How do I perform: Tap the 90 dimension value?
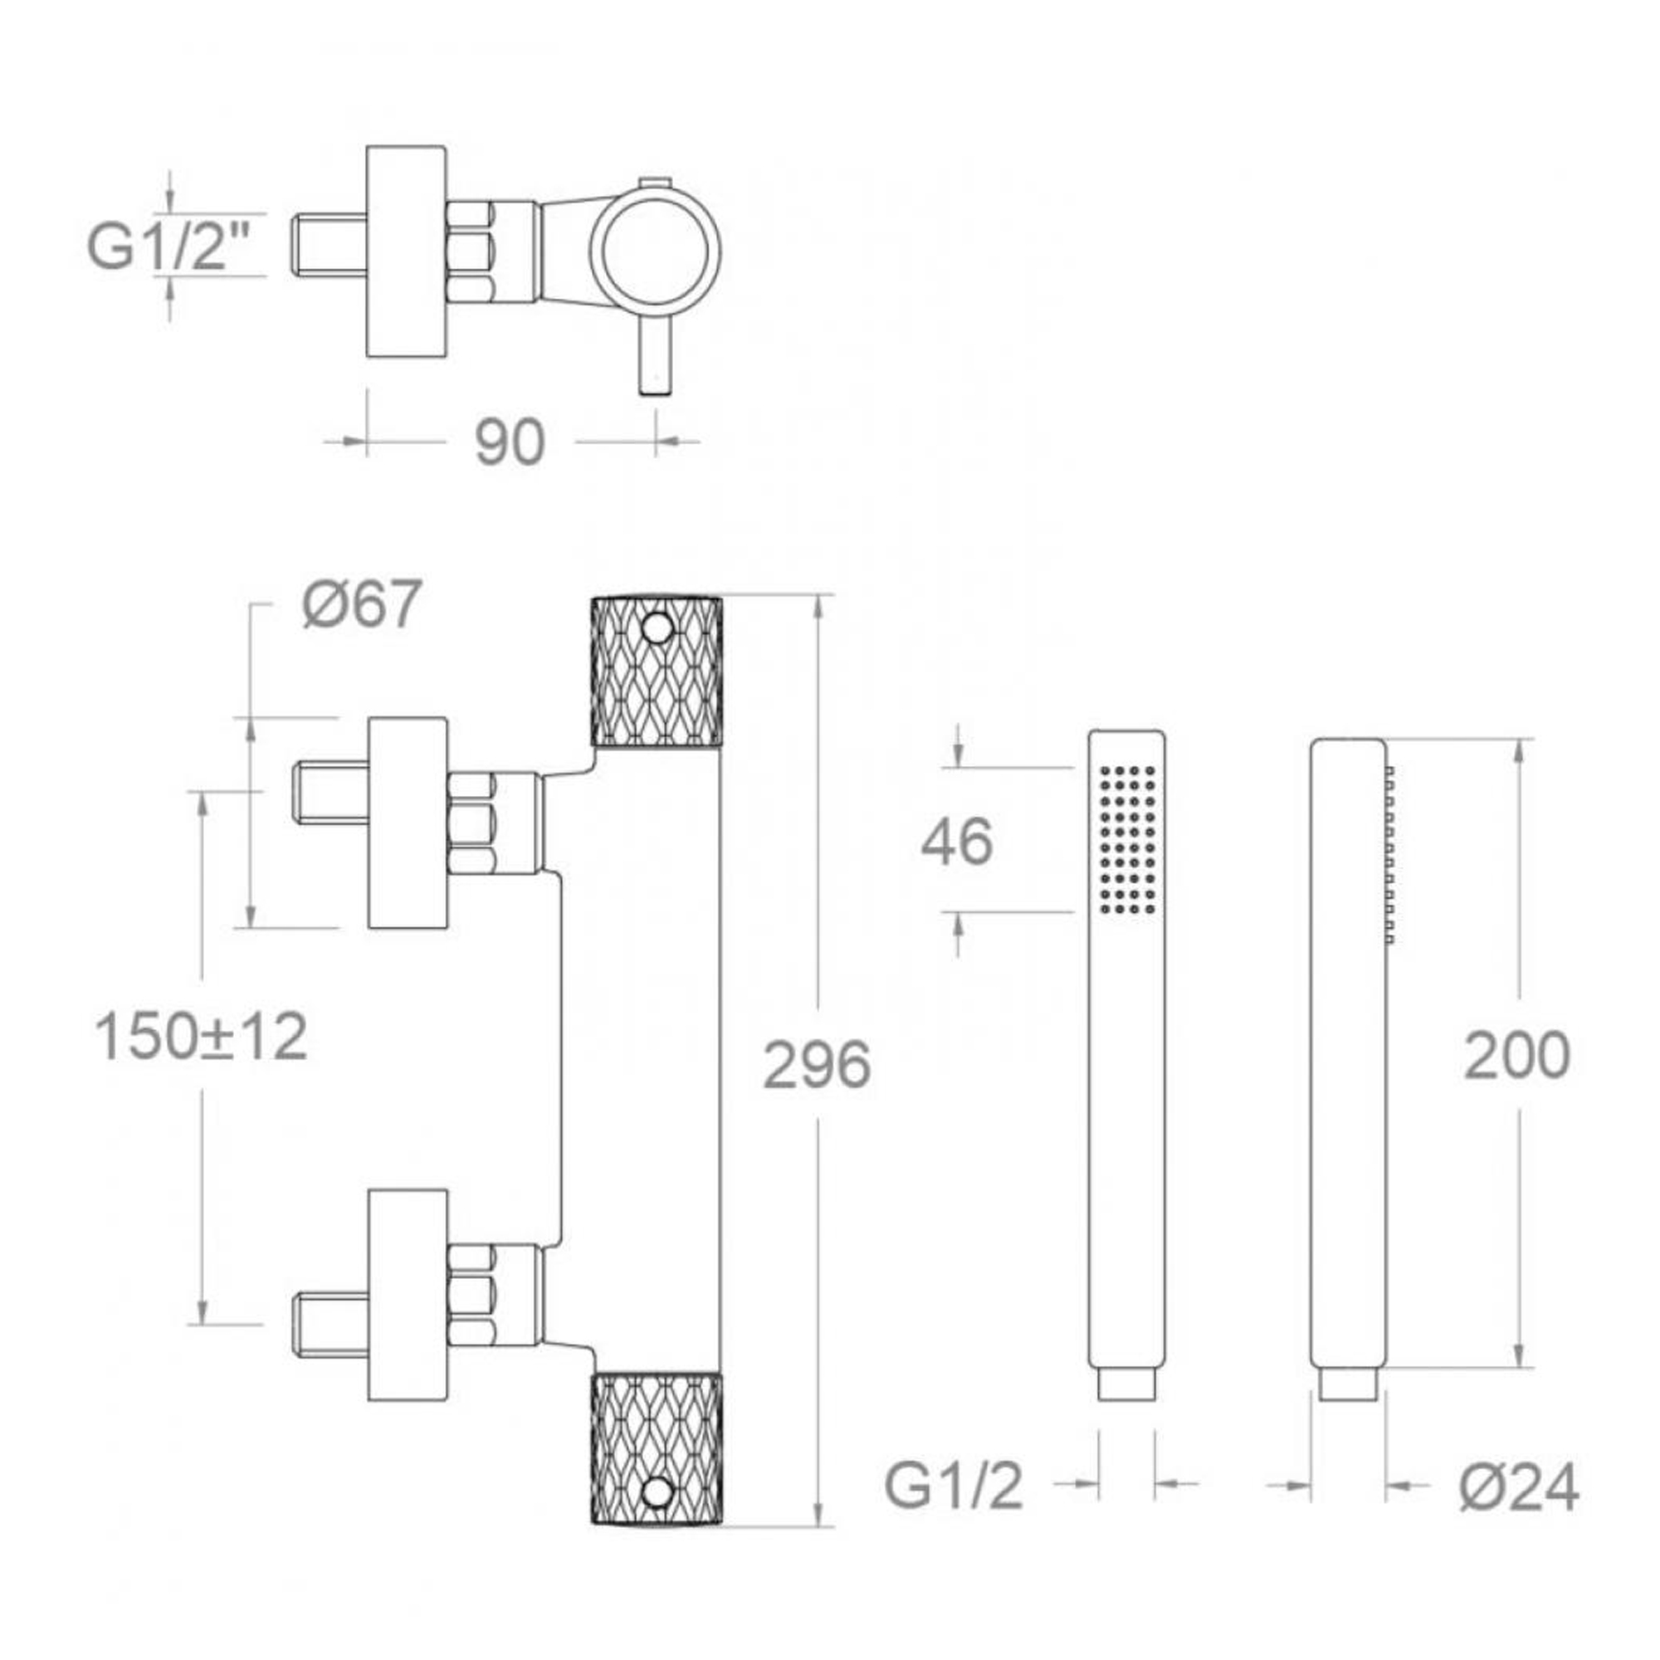click(x=510, y=442)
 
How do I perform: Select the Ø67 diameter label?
click(x=362, y=604)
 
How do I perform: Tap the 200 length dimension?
click(x=1516, y=1055)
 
